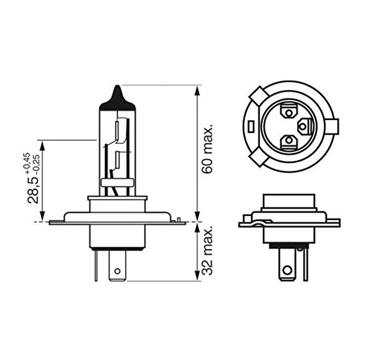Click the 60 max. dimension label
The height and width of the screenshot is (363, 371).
(208, 148)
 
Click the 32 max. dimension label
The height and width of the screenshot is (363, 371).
(208, 251)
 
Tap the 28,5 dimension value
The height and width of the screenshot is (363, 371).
(33, 189)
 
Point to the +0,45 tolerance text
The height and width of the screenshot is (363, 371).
(26, 161)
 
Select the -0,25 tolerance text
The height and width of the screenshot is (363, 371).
(37, 164)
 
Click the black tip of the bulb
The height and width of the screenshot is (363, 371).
(118, 97)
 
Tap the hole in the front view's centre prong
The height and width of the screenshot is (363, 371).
(117, 270)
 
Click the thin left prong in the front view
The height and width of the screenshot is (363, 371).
(96, 266)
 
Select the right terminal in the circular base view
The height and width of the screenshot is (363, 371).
(304, 127)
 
